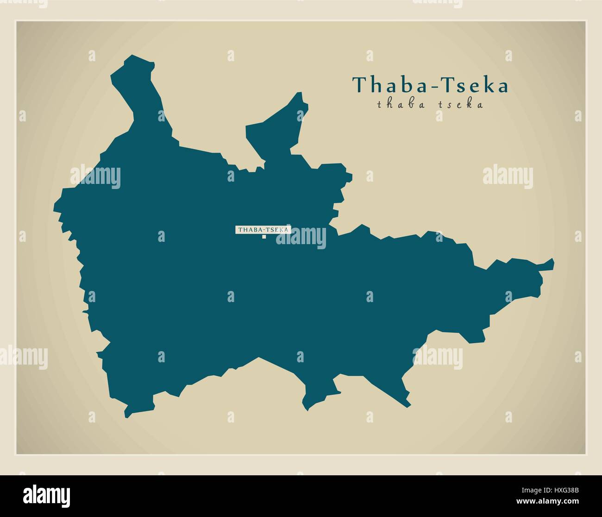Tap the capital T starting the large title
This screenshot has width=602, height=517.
[358, 85]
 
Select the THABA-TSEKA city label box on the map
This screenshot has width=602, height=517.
[263, 229]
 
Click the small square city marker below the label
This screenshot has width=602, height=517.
[264, 237]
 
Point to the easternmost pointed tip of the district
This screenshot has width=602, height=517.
[553, 262]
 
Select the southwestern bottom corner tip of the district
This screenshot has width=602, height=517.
[126, 415]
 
